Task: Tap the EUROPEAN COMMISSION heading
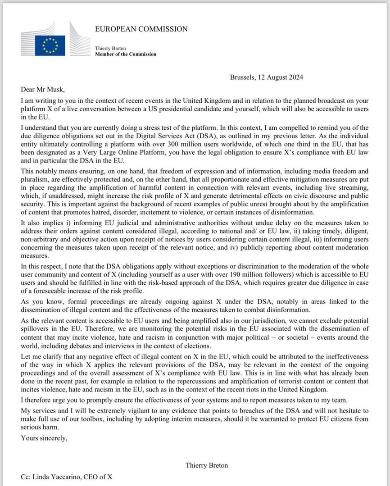pos(141,29)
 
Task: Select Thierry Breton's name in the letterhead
pos(111,48)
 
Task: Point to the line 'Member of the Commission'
pos(126,54)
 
